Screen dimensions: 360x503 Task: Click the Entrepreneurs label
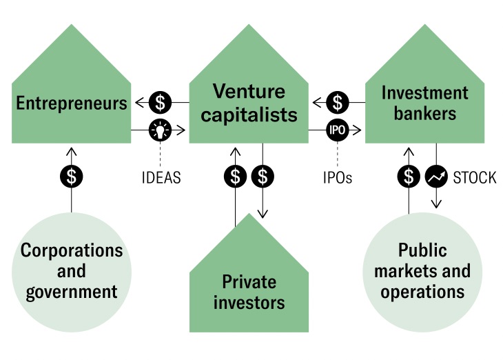[x=72, y=103]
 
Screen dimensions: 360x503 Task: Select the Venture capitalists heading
[x=249, y=103]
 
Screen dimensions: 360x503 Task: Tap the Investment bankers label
[x=424, y=103]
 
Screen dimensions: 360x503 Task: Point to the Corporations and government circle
[x=72, y=271]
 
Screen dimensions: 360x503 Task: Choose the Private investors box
[x=249, y=291]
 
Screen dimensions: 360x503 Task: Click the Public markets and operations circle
[x=422, y=271]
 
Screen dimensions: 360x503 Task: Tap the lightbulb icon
[x=161, y=129]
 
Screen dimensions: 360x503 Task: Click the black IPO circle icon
[x=337, y=129]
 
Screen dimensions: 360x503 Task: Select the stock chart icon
[x=436, y=177]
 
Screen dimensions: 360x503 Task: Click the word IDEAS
[x=161, y=178]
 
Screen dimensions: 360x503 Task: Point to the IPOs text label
[x=337, y=178]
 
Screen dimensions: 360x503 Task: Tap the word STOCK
[x=474, y=178]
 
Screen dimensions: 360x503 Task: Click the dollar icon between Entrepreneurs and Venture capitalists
[x=161, y=103]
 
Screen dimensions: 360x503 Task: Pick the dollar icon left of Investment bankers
[x=337, y=103]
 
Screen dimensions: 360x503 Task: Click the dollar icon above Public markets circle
[x=409, y=177]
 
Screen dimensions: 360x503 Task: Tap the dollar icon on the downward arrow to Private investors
[x=263, y=177]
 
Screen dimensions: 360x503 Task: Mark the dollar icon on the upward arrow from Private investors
[x=236, y=177]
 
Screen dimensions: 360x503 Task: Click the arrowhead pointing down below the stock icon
[x=436, y=203]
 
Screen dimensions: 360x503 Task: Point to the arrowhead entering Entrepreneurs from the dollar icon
[x=138, y=103]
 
